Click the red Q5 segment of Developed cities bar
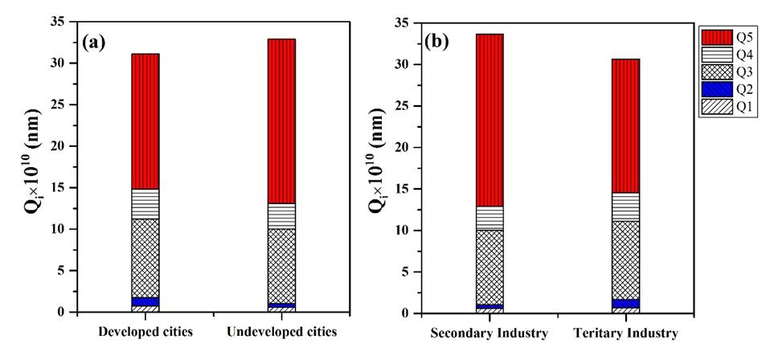coord(145,121)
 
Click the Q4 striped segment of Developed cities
coord(145,204)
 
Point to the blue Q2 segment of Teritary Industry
coord(624,304)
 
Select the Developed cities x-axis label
coord(145,332)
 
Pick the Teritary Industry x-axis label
coord(624,333)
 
